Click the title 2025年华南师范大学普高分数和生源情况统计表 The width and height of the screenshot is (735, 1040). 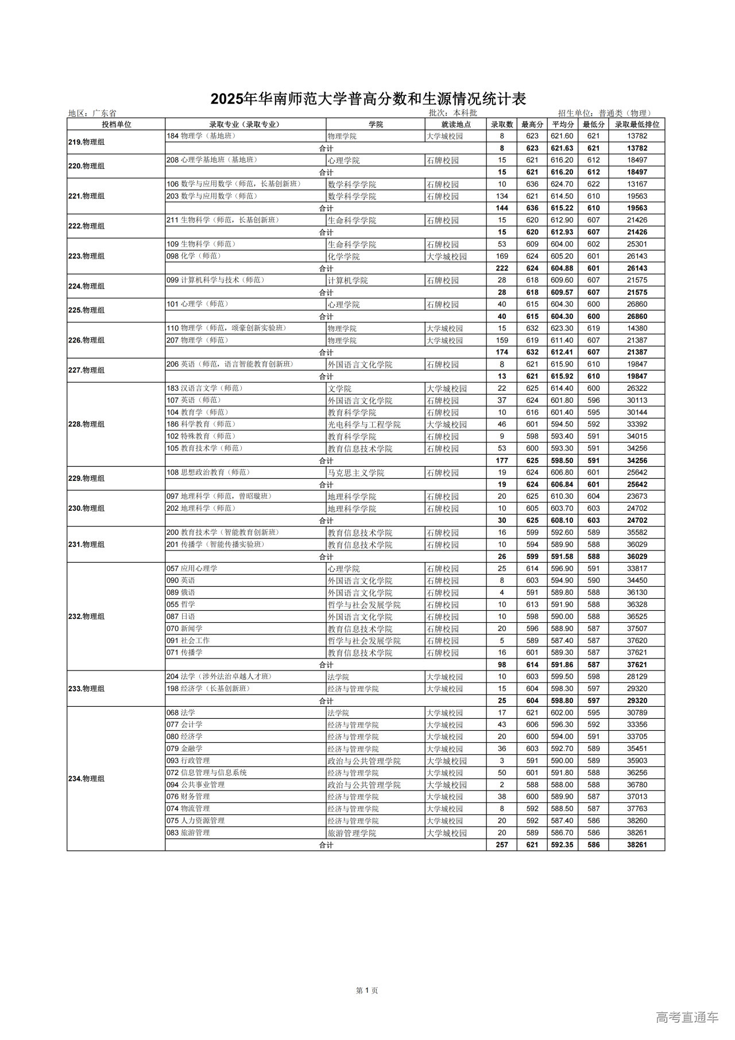tap(368, 99)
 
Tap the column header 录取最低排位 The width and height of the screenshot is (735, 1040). tap(637, 124)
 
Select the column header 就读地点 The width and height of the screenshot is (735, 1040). tap(456, 124)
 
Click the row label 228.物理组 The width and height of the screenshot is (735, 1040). tap(87, 424)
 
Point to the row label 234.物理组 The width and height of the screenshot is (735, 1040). tap(87, 779)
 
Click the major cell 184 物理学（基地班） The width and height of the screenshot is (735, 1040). tap(201, 136)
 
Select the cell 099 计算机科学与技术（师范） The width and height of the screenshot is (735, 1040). tap(215, 280)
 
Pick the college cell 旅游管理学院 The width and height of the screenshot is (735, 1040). tap(352, 833)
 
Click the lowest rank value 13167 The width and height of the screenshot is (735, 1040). tap(637, 184)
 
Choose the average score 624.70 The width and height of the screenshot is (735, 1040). tap(562, 184)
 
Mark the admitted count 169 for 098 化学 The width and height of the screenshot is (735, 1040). tap(502, 256)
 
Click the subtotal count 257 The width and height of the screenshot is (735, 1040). tap(502, 845)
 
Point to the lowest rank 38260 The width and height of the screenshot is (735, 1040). tap(637, 821)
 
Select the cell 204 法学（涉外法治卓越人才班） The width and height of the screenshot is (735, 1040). tap(219, 676)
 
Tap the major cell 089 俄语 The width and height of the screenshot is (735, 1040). tap(181, 592)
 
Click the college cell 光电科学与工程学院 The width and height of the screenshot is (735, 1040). tap(364, 424)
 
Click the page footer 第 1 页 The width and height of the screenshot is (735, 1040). tap(367, 990)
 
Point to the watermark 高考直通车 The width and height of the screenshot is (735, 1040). tap(687, 1017)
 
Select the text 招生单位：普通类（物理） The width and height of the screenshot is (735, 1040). tap(605, 113)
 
